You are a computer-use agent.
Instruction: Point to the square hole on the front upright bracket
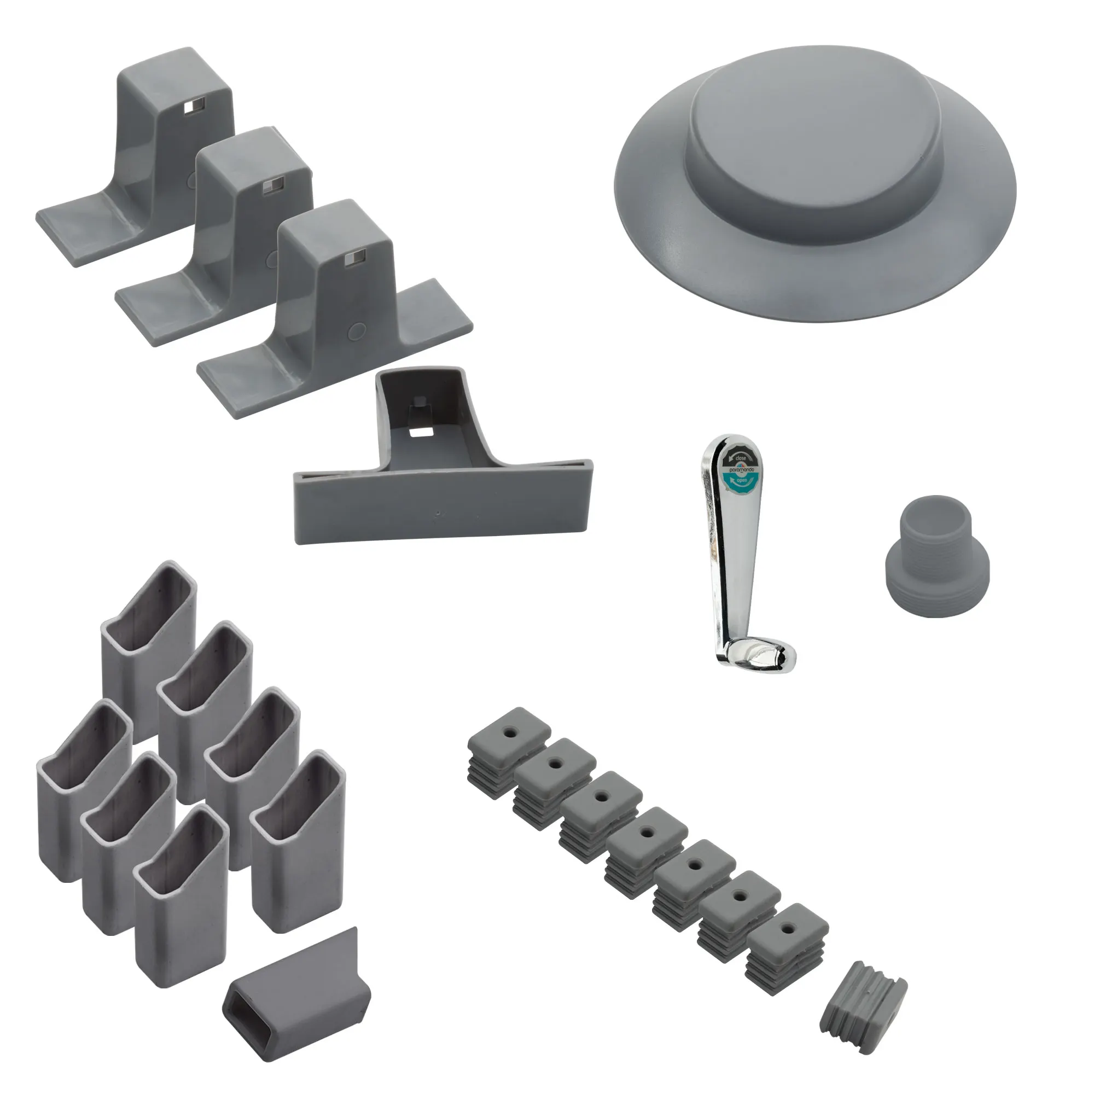(354, 260)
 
